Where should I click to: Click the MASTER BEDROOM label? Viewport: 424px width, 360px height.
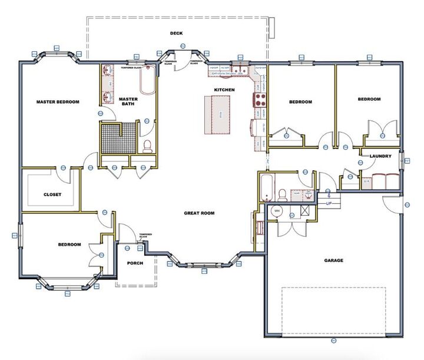pyautogui.click(x=57, y=102)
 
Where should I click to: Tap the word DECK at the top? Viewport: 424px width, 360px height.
pyautogui.click(x=176, y=34)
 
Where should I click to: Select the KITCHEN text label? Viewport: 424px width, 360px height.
pyautogui.click(x=224, y=90)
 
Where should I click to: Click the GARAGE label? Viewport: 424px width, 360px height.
pyautogui.click(x=333, y=260)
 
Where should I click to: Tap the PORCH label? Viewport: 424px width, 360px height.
pyautogui.click(x=135, y=263)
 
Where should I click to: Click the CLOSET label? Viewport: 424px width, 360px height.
pyautogui.click(x=52, y=194)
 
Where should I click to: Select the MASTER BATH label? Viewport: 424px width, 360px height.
pyautogui.click(x=128, y=102)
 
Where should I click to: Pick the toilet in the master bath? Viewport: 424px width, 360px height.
pyautogui.click(x=148, y=146)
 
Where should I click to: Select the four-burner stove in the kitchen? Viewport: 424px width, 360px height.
pyautogui.click(x=259, y=99)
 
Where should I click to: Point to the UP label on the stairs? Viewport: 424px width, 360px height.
pyautogui.click(x=329, y=203)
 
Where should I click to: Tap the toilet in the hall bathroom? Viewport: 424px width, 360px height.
pyautogui.click(x=282, y=194)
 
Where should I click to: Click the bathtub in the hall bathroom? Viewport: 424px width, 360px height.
pyautogui.click(x=266, y=187)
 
